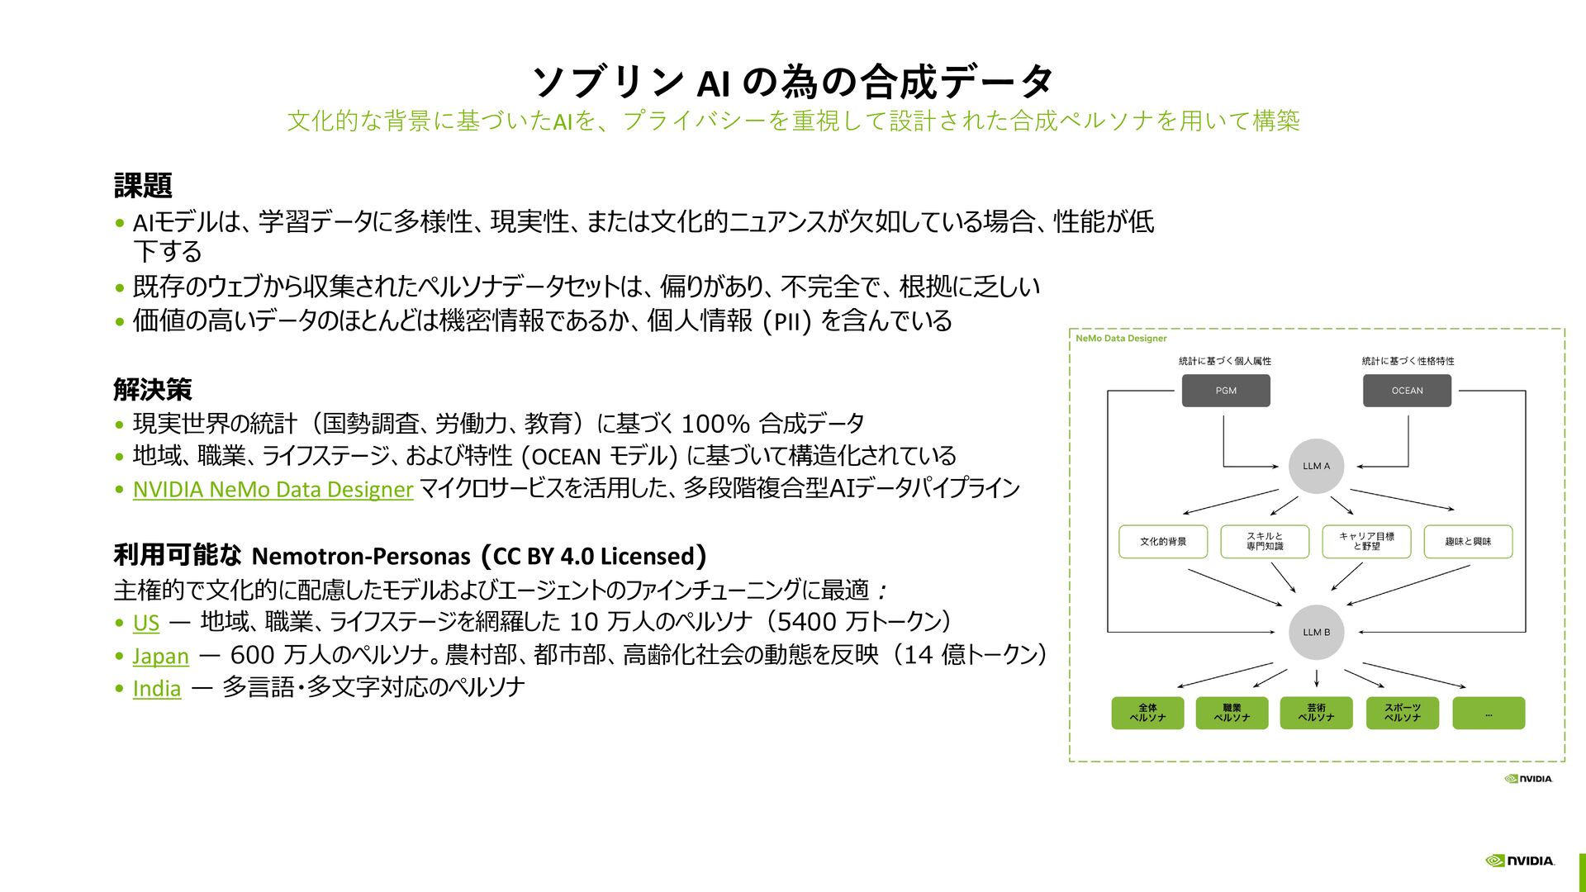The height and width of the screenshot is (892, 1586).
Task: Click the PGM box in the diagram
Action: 1226,391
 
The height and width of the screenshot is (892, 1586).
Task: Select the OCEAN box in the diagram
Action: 1407,391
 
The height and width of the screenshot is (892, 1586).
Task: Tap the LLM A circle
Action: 1316,466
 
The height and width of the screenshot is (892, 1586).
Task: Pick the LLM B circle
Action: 1316,633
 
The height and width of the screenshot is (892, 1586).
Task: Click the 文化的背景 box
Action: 1163,542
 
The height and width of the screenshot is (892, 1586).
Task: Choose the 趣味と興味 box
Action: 1468,542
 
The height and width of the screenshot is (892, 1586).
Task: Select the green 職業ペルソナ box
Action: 1232,713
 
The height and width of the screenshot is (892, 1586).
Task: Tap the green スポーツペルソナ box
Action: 1403,713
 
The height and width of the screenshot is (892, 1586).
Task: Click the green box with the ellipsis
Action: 1489,713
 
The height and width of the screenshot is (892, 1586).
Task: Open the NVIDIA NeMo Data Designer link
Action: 273,490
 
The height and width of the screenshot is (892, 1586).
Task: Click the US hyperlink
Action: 146,623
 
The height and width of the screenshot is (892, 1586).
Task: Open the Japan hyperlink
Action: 160,656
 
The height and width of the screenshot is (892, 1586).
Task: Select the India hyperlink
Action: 157,689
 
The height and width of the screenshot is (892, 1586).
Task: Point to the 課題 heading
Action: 143,186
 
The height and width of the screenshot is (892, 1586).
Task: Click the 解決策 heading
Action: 153,389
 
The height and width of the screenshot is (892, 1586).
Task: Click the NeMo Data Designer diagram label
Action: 1121,339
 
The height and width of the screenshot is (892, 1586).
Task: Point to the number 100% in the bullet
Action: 715,425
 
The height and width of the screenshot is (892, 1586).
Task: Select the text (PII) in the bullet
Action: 786,321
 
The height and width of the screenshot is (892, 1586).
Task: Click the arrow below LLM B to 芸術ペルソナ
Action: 1317,678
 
